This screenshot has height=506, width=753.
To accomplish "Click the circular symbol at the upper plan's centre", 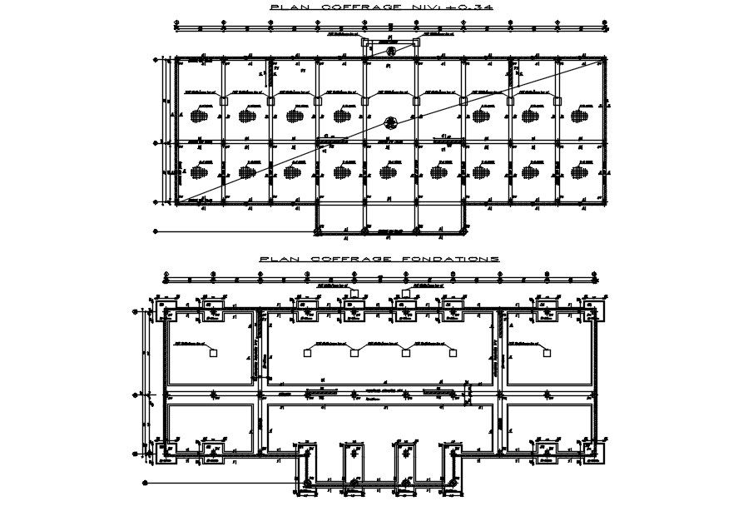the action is pyautogui.click(x=390, y=123).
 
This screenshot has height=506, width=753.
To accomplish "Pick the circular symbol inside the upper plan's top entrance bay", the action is pyautogui.click(x=390, y=52).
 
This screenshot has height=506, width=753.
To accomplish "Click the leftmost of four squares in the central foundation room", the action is pyautogui.click(x=307, y=354).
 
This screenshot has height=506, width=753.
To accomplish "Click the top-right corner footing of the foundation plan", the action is pyautogui.click(x=592, y=311).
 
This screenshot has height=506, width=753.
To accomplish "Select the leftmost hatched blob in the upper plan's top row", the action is pyautogui.click(x=199, y=116).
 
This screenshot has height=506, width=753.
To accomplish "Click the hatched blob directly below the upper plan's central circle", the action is pyautogui.click(x=387, y=172).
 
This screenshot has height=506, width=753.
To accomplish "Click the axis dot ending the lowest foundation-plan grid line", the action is pyautogui.click(x=145, y=482).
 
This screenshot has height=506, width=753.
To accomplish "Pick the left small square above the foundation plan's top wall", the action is pyautogui.click(x=354, y=293).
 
